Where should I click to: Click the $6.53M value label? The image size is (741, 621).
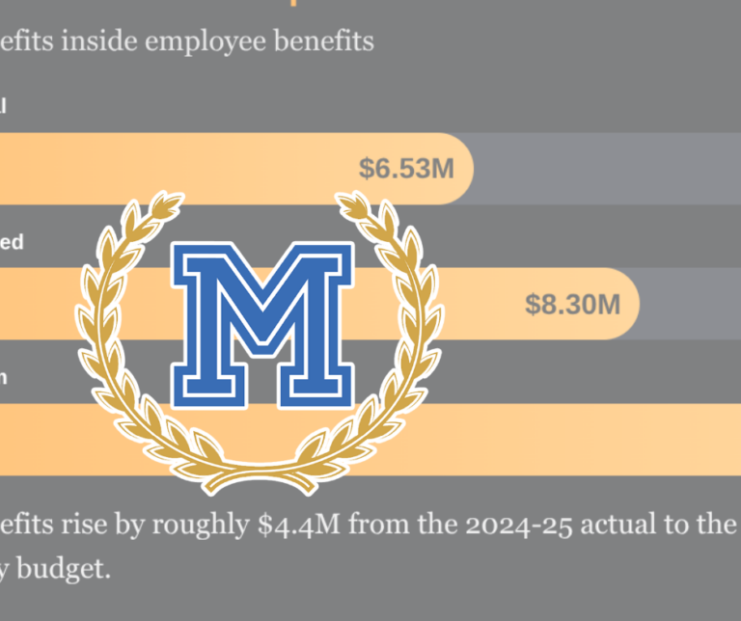[406, 170]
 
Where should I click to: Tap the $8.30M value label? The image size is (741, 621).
[572, 305]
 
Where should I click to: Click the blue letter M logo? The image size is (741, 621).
[262, 323]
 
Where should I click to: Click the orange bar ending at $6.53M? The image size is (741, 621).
[193, 170]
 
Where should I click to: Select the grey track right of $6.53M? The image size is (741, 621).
[608, 170]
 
